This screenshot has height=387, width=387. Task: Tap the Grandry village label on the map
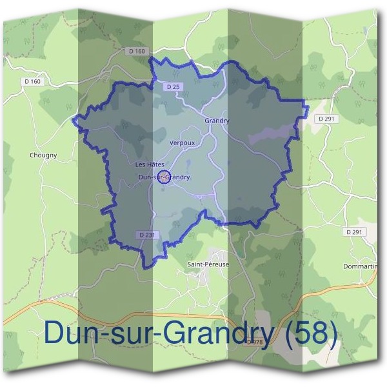(x=217, y=121)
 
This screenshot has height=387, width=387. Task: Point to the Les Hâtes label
(x=150, y=164)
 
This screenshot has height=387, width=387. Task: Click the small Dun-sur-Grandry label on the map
(x=164, y=177)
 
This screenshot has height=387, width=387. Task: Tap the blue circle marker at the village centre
(x=164, y=177)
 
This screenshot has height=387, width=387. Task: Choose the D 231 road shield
(x=147, y=235)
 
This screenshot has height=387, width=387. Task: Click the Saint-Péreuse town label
(x=208, y=264)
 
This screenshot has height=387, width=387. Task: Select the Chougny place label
(x=43, y=155)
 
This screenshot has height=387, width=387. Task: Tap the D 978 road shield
(x=255, y=342)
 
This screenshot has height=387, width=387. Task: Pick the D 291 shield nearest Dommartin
(x=355, y=232)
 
